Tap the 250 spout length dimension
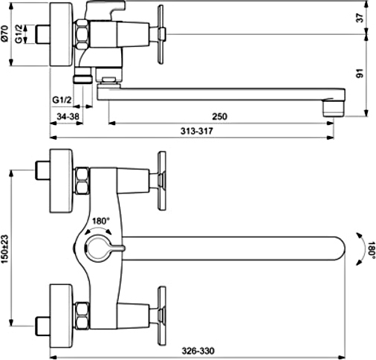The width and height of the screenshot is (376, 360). pos(219,116)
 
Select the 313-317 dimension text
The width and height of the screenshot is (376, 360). pos(197,131)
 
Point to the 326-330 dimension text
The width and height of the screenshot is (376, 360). pos(198,350)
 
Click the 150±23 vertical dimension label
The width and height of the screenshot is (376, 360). pos(5,249)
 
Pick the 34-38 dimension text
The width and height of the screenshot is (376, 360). pos(68,116)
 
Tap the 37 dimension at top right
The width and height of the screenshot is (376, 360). pos(360,18)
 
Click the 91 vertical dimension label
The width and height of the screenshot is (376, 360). pos(360,74)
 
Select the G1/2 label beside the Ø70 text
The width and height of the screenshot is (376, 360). pos(19,34)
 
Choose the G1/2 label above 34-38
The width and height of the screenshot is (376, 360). pos(62,100)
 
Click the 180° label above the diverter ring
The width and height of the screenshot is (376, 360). pos(100,221)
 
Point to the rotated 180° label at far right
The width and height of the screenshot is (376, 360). pos(371,249)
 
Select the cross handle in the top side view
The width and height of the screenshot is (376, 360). pos(161,34)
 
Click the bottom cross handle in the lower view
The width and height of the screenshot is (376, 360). pos(161,316)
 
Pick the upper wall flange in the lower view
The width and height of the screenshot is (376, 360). pos(61,181)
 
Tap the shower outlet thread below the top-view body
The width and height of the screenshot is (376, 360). pos(83,76)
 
